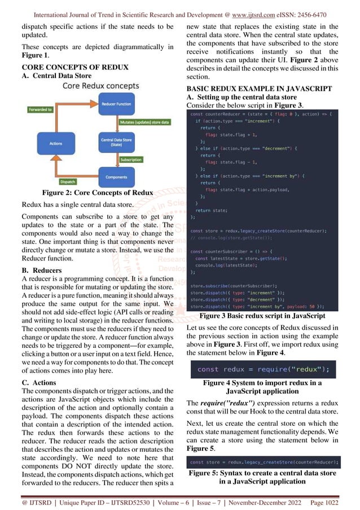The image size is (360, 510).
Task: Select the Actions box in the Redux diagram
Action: click(x=56, y=143)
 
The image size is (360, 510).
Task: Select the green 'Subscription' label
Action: click(x=132, y=159)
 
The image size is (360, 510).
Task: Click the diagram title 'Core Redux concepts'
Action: click(x=100, y=86)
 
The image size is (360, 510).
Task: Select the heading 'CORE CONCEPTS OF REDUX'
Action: click(x=75, y=67)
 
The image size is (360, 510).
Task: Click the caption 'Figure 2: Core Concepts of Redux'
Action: click(x=94, y=193)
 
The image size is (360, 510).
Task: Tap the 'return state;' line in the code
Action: click(x=212, y=209)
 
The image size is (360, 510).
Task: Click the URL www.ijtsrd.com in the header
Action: click(x=258, y=6)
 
